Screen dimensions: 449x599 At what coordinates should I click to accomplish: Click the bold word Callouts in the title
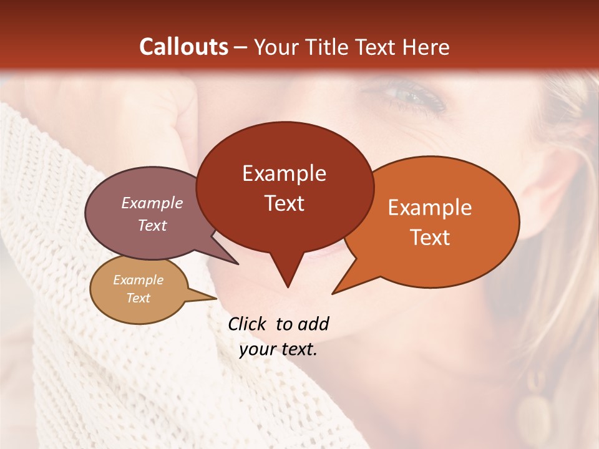tap(184, 47)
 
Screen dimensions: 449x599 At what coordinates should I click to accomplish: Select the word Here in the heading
tap(426, 47)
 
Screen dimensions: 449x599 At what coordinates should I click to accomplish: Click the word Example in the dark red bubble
tap(284, 173)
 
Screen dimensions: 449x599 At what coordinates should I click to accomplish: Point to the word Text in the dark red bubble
tap(284, 203)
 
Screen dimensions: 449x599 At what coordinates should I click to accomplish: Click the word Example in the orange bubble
tap(430, 208)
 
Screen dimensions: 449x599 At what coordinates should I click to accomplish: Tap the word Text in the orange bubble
tap(430, 238)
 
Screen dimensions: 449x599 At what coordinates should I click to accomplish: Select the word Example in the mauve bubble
tap(152, 203)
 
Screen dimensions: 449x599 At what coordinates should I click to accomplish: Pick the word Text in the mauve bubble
tap(152, 226)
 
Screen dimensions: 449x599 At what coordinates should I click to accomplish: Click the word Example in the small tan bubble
tap(138, 280)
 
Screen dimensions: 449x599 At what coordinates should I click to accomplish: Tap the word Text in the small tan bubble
tap(138, 298)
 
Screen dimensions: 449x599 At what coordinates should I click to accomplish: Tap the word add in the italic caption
tap(313, 324)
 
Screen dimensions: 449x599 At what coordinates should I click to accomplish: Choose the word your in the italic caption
tap(257, 349)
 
